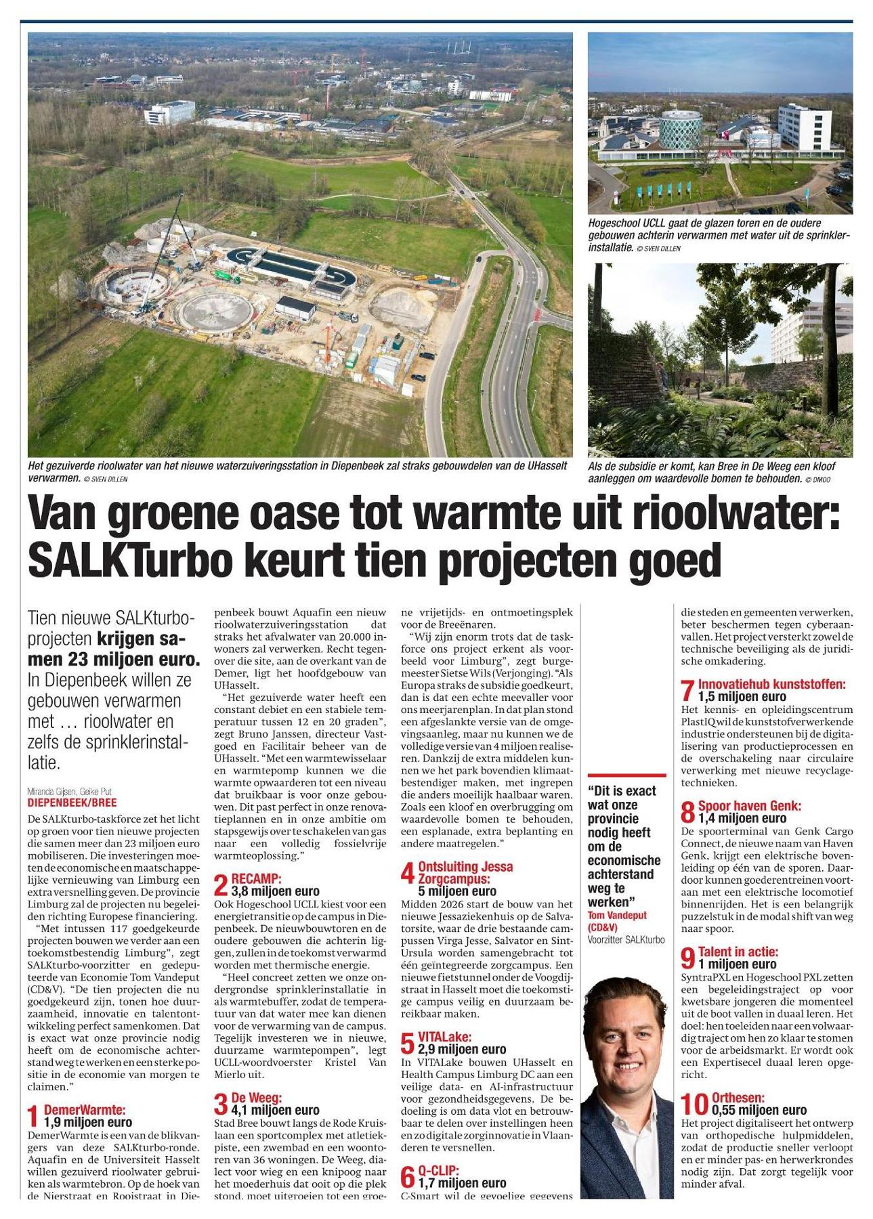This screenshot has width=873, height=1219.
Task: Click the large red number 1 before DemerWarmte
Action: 34,1116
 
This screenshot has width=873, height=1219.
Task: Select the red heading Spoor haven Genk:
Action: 749,806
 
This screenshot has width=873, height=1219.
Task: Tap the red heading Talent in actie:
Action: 738,952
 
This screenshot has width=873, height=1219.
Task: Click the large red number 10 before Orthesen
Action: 694,1104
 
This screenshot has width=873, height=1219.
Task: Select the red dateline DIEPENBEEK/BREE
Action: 71,803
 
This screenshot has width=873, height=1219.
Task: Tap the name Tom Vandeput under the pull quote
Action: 616,915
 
